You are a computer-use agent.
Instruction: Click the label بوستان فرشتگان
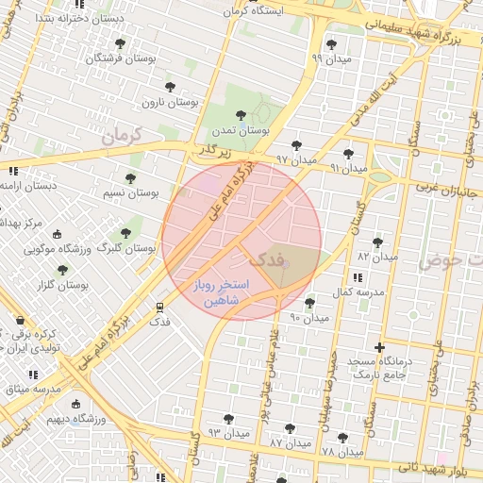point(118,58)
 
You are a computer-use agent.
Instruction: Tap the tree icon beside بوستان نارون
point(171,87)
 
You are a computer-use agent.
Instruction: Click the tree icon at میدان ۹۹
point(330,43)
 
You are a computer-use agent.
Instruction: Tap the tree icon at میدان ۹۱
point(348,153)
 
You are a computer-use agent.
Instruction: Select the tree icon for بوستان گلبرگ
point(125,233)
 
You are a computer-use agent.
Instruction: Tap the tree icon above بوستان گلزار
point(62,270)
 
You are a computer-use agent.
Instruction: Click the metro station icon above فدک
point(159,307)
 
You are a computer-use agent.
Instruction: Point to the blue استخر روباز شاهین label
point(220,291)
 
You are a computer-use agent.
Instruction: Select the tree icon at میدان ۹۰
point(310,303)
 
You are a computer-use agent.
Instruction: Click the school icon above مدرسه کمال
point(357,277)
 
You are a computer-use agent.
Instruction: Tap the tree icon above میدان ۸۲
point(377,242)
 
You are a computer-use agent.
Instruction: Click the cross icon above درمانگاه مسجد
point(380,347)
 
